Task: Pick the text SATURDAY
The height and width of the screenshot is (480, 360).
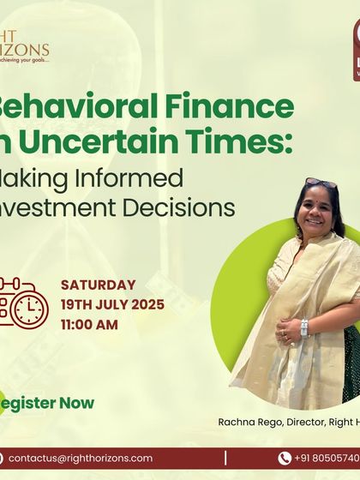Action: click(99, 285)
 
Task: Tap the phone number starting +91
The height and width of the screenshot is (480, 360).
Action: click(327, 459)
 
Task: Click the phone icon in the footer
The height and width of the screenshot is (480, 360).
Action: click(285, 459)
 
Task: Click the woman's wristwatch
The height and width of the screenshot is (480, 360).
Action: click(304, 327)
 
